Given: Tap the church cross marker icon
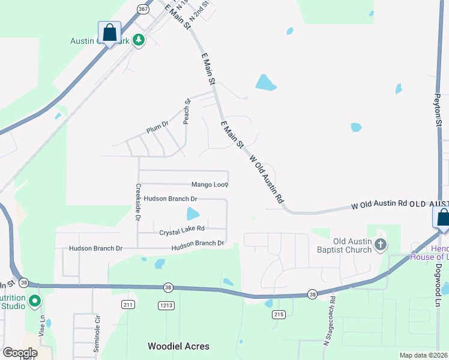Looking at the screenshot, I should (380, 244).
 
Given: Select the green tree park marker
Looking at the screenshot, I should (139, 40).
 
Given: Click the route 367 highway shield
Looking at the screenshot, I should (143, 10).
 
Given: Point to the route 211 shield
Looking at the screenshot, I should (128, 305).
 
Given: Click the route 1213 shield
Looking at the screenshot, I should (166, 305).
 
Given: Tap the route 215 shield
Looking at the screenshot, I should (278, 314).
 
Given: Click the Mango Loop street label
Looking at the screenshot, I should (209, 185).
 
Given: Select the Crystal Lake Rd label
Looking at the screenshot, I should (182, 229).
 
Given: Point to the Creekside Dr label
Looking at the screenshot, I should (138, 202).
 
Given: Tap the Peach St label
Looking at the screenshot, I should (187, 110).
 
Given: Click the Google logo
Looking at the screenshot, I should (20, 352).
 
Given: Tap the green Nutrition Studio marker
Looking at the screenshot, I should (35, 301).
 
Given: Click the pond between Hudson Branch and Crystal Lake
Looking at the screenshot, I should (193, 213).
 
